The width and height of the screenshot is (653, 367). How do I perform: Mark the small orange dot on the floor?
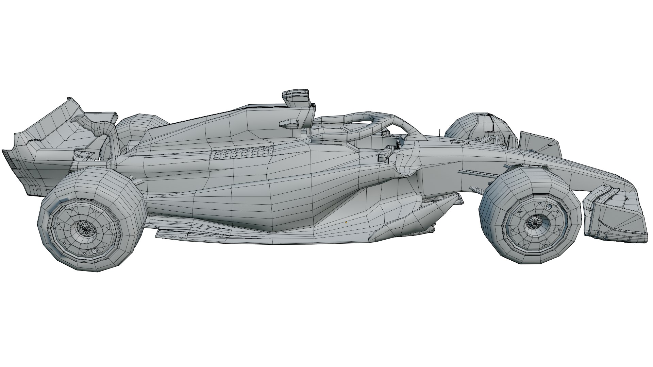click(346, 222)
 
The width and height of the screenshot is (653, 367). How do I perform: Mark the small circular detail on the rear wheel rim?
click(95, 251)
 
